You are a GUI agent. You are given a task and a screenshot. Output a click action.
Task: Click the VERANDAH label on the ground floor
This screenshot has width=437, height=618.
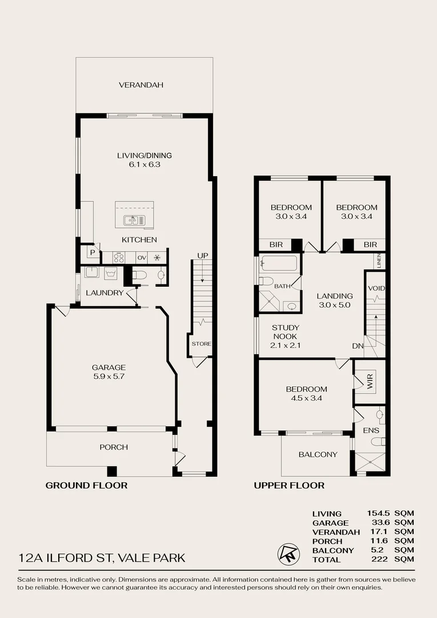click(x=141, y=85)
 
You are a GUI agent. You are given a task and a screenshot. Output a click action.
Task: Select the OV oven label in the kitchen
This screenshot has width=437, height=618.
click(x=141, y=257)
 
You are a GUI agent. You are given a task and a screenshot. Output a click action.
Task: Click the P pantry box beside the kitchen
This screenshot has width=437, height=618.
click(x=91, y=252)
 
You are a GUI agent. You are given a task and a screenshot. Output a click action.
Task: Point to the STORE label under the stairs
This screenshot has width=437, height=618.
click(x=201, y=344)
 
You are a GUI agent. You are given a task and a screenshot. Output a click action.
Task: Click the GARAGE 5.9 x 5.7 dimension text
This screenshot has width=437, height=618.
click(x=109, y=377)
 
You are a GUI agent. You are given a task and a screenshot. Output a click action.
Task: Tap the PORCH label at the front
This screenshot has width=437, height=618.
click(x=114, y=447)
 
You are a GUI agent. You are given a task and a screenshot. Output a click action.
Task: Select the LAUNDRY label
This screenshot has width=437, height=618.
click(x=105, y=292)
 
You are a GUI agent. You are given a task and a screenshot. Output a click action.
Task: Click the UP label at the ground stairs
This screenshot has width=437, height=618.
click(x=202, y=255)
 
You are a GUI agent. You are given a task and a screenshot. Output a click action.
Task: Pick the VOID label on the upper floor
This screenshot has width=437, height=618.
click(x=375, y=288)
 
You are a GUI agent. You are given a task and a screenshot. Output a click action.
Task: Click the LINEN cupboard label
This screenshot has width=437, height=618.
click(x=379, y=260)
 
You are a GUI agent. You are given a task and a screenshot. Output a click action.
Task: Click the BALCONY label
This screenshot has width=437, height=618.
click(x=318, y=454)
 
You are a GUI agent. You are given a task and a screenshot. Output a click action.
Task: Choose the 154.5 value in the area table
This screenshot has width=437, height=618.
click(x=378, y=513)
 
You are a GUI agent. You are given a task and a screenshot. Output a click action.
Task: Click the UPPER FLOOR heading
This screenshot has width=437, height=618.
click(x=289, y=485)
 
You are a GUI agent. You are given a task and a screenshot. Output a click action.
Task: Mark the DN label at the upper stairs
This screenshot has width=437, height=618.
click(x=358, y=346)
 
